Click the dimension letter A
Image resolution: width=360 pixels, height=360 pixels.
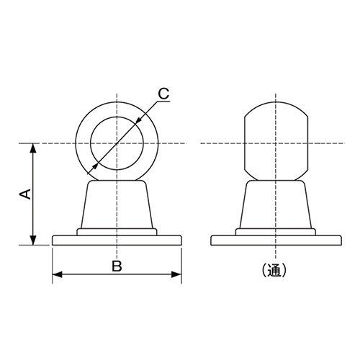point(23,194)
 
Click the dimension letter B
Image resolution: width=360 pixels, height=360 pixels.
point(117,266)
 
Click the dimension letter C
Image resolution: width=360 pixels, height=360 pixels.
point(163,93)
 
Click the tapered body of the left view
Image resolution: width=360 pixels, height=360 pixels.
point(117,205)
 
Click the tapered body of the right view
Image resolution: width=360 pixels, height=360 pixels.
point(276,205)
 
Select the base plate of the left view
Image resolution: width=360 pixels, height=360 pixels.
point(117,240)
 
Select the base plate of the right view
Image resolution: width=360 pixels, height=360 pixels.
point(276,240)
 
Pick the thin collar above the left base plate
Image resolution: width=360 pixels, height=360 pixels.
point(117,231)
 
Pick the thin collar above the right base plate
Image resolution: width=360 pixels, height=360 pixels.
point(276,231)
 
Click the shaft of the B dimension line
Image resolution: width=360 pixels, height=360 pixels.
point(86,274)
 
